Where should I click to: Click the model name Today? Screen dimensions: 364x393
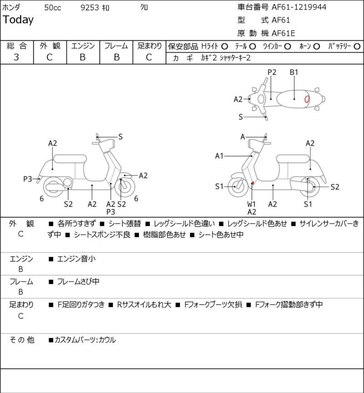18,20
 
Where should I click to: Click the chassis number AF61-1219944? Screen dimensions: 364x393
299,7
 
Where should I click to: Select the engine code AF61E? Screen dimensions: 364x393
283,33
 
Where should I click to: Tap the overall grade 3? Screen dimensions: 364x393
16,57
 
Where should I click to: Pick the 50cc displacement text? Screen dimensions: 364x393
53,8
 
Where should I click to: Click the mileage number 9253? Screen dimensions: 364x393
90,8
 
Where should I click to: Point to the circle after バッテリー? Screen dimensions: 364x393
357,47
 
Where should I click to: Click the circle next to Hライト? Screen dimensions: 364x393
224,47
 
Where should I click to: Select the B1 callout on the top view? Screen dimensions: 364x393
294,72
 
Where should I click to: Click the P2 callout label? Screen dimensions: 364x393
272,72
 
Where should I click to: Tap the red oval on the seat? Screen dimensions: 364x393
307,99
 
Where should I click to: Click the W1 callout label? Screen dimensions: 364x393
251,204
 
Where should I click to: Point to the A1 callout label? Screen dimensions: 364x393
219,156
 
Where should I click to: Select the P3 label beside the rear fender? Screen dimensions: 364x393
28,179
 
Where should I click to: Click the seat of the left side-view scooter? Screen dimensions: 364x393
70,159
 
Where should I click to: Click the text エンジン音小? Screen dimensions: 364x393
76,259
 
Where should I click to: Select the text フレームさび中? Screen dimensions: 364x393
78,282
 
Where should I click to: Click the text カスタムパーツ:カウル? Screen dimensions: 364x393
85,340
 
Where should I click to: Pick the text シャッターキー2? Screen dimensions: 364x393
235,58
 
